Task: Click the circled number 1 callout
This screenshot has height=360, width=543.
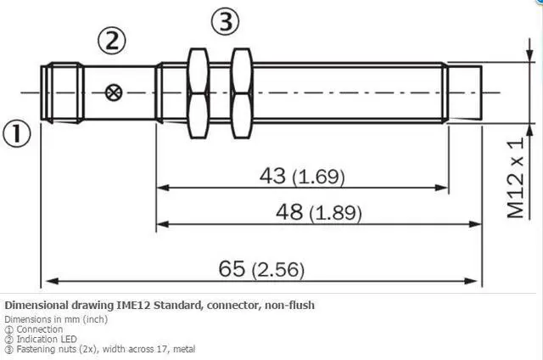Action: pyautogui.click(x=17, y=133)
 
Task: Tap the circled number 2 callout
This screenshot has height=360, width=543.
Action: pyautogui.click(x=111, y=41)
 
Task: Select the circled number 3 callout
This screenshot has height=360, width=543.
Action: pyautogui.click(x=226, y=21)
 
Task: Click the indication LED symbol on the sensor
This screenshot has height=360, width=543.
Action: pyautogui.click(x=114, y=93)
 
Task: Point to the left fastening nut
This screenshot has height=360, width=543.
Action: pyautogui.click(x=198, y=93)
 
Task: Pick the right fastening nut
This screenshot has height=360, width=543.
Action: pyautogui.click(x=241, y=93)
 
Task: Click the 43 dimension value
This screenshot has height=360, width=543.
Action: pyautogui.click(x=272, y=175)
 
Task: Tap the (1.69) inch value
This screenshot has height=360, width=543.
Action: pyautogui.click(x=319, y=177)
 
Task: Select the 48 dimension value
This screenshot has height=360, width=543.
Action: pyautogui.click(x=289, y=211)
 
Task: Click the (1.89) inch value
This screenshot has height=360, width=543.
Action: pyautogui.click(x=335, y=213)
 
